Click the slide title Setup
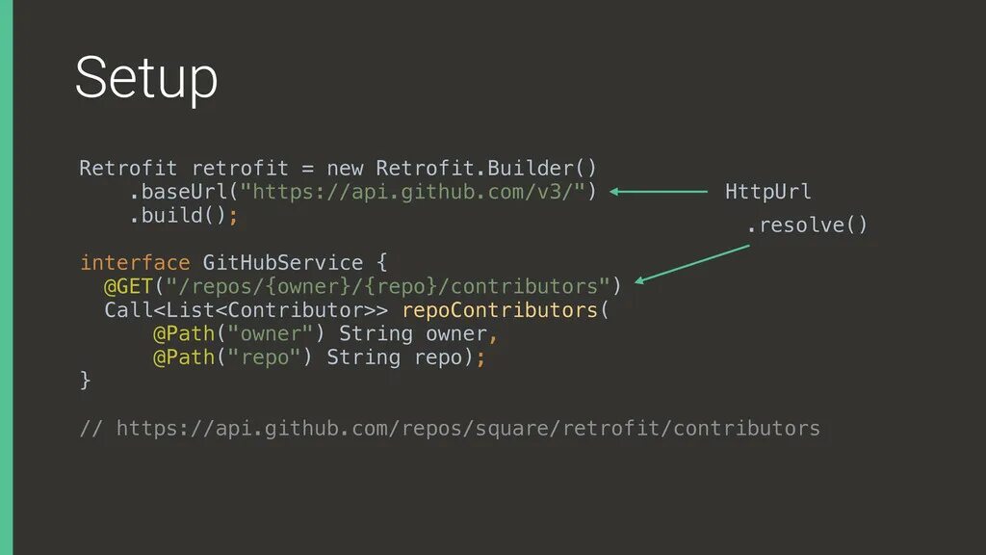(x=146, y=79)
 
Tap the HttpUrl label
(x=767, y=192)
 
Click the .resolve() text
(x=807, y=225)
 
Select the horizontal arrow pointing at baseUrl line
(x=659, y=192)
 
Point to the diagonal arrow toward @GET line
(x=693, y=263)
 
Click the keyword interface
(x=135, y=263)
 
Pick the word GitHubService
(x=282, y=263)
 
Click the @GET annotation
(x=128, y=286)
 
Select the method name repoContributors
(x=500, y=310)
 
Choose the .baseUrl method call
(x=177, y=192)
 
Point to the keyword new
(x=344, y=169)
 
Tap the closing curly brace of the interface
(x=85, y=381)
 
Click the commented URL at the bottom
(x=468, y=428)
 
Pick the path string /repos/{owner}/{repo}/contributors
(x=387, y=286)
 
